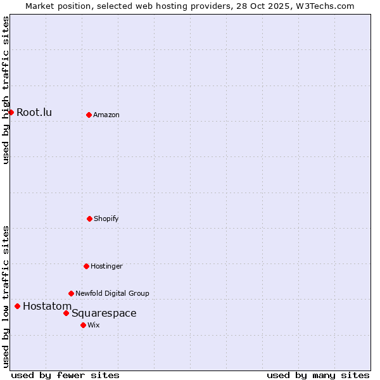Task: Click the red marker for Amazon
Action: [89, 115]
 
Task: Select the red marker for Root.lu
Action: [11, 112]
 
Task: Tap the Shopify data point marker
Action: [89, 218]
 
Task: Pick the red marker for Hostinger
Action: [86, 266]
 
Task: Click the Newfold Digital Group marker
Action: [71, 293]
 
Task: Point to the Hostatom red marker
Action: [17, 306]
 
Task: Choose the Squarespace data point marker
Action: [66, 313]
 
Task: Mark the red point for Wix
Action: [83, 325]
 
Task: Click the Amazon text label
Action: [106, 115]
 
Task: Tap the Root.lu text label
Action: [34, 113]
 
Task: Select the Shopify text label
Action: [106, 219]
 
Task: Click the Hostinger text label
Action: [106, 267]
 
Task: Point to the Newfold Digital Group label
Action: [112, 294]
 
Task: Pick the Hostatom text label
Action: [47, 307]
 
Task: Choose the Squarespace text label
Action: [104, 313]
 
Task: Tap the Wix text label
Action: [94, 326]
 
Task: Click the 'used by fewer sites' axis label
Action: [65, 375]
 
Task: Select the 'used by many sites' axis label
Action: [318, 375]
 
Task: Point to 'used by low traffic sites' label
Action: [6, 296]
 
